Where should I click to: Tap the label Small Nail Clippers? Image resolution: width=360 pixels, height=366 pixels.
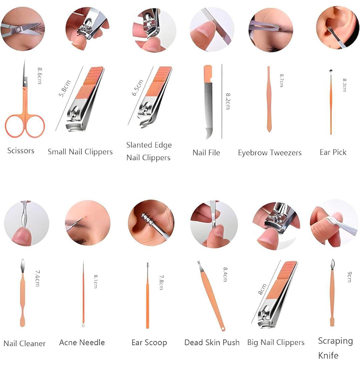[80, 152]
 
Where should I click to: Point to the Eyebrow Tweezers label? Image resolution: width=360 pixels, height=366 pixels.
[270, 153]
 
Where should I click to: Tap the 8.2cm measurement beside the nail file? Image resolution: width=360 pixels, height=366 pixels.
[228, 101]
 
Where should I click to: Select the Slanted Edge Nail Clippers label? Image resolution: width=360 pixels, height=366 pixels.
[149, 151]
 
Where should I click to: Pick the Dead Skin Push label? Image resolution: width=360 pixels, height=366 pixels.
[212, 342]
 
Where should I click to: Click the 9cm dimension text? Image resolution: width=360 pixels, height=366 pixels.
[349, 277]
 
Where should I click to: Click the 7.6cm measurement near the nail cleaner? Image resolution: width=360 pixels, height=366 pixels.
[37, 278]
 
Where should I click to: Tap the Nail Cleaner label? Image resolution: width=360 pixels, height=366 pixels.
[25, 343]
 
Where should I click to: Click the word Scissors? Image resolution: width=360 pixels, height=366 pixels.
[21, 151]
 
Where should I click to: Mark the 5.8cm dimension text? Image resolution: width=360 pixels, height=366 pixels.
[64, 88]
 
